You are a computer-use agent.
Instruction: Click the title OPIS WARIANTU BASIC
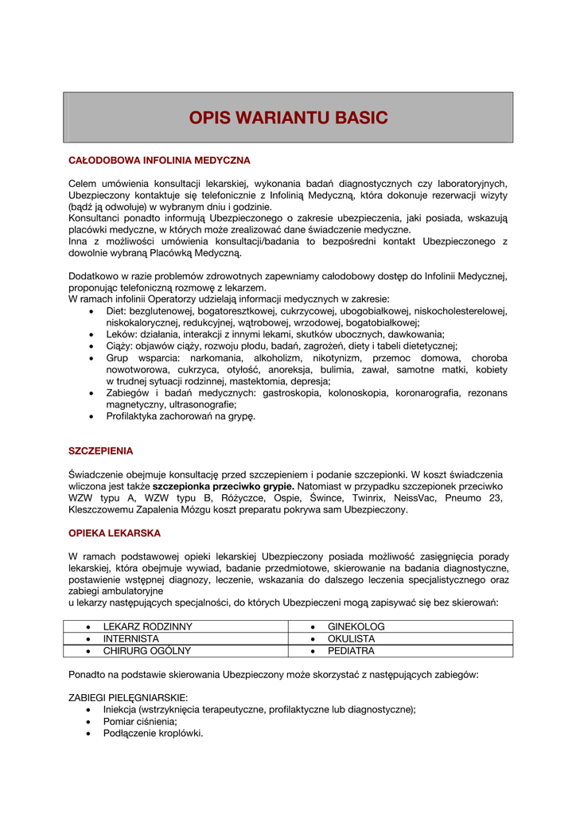pyautogui.click(x=288, y=118)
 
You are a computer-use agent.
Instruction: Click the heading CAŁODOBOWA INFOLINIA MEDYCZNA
pyautogui.click(x=159, y=160)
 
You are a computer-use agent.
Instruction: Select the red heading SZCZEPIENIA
pyautogui.click(x=100, y=450)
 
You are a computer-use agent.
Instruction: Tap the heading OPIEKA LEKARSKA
pyautogui.click(x=115, y=532)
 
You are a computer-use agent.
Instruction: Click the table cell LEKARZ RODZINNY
pyautogui.click(x=147, y=626)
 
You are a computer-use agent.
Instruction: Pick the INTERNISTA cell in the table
pyautogui.click(x=130, y=638)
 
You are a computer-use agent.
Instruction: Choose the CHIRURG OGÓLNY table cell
pyautogui.click(x=146, y=650)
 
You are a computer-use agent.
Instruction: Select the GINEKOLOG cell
pyautogui.click(x=356, y=626)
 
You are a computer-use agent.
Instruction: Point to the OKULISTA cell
pyautogui.click(x=351, y=638)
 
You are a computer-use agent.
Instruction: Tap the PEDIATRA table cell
pyautogui.click(x=351, y=650)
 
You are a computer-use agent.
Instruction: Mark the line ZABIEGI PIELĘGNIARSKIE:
pyautogui.click(x=128, y=697)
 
